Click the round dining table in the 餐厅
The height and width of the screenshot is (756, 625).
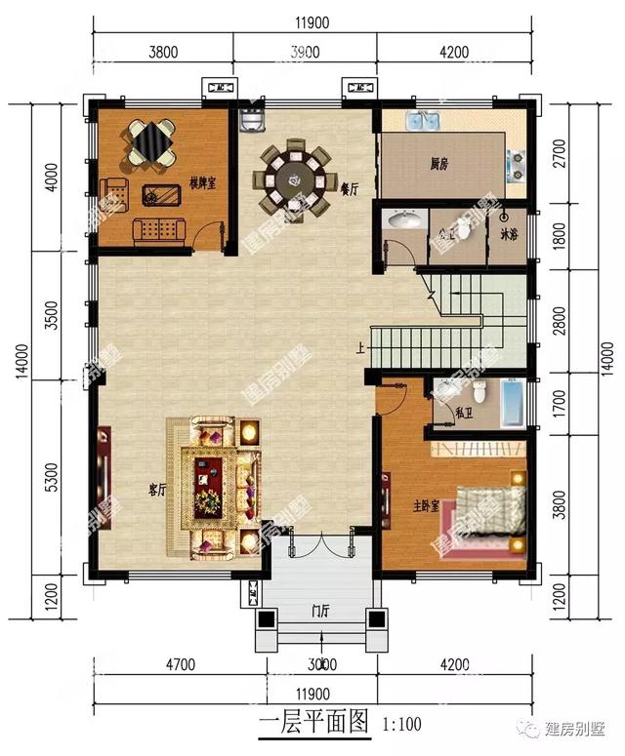point(291,179)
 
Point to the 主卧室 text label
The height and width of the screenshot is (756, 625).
point(425,505)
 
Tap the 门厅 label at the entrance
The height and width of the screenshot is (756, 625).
point(319,612)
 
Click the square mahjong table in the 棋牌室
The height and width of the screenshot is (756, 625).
point(151,143)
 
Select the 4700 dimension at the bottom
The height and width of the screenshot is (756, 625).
point(181,666)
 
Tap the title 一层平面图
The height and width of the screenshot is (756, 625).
point(312,723)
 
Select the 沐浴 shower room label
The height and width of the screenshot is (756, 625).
point(508,234)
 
